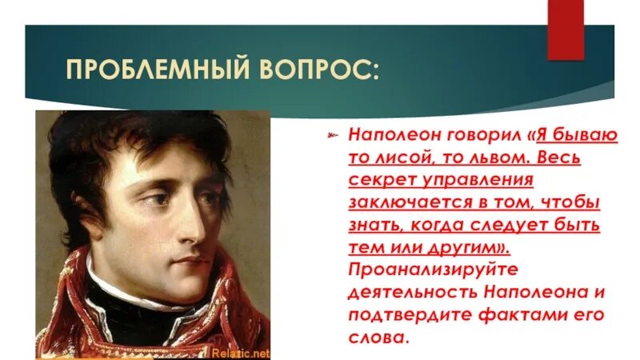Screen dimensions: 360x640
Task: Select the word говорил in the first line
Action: tap(456, 134)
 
